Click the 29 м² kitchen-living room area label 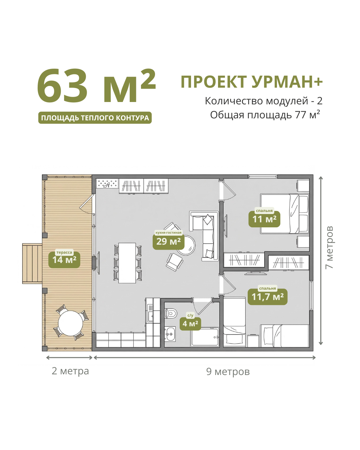168,242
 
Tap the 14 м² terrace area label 64,260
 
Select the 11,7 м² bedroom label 267,297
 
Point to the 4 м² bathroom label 190,324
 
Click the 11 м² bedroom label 264,219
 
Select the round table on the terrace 70,323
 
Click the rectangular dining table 127,263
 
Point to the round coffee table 186,245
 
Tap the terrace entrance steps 32,263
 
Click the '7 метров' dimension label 329,247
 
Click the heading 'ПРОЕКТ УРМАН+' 252,82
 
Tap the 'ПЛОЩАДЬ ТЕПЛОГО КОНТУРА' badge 95,118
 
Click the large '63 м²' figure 96,86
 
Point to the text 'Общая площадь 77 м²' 265,115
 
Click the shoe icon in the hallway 107,185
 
